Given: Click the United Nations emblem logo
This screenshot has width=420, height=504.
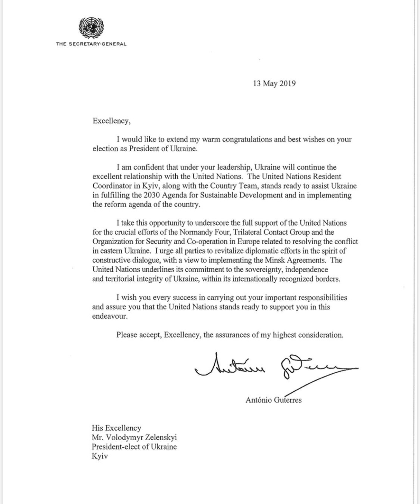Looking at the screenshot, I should click(91, 27).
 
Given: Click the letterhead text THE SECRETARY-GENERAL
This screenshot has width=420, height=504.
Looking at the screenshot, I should click(91, 44).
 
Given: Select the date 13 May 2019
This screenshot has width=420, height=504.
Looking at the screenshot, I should click(274, 83).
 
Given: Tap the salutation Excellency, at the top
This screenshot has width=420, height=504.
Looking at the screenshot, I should click(112, 121).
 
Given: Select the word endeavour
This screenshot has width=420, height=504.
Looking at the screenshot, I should click(110, 316).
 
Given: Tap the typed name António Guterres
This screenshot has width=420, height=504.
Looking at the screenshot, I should click(273, 400).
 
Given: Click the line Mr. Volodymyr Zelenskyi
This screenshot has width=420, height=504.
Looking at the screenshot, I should click(134, 437).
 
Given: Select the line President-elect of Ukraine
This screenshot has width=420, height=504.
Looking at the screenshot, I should click(134, 446).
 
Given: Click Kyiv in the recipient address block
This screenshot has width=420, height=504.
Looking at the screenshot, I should click(100, 456).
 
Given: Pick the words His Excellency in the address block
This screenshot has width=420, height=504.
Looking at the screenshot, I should click(116, 428).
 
